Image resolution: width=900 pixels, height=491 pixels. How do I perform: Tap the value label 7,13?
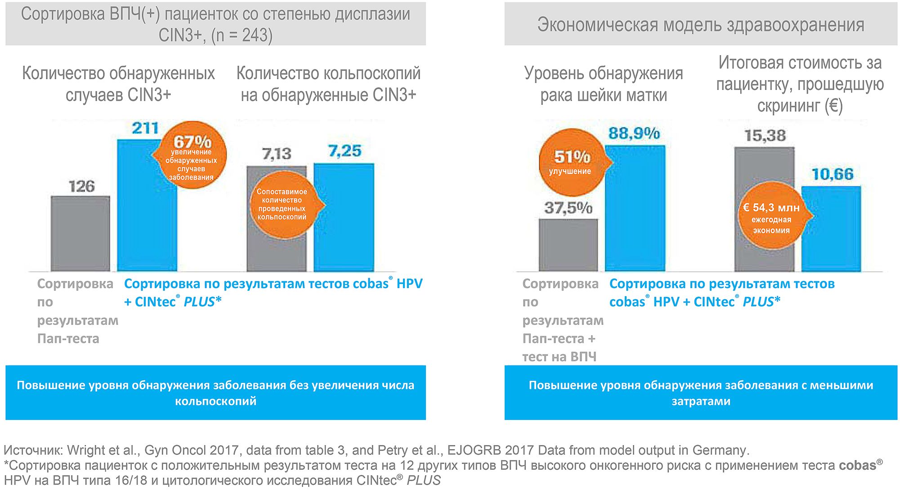[x=277, y=154]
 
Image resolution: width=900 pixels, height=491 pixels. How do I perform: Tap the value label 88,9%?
[x=634, y=133]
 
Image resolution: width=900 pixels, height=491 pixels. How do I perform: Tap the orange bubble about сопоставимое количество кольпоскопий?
[x=282, y=205]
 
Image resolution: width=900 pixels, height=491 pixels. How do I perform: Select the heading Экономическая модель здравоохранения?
[x=700, y=24]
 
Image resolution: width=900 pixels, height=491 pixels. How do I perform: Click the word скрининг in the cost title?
[x=788, y=106]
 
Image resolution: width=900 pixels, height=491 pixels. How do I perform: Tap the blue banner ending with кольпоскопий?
[x=215, y=392]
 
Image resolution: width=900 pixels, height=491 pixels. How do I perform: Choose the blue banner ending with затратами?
[x=700, y=392]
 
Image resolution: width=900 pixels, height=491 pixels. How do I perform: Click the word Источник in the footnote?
[x=32, y=450]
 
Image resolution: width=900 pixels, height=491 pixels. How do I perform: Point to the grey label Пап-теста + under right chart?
[x=559, y=338]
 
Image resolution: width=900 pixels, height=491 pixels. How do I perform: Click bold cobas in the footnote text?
[x=857, y=465]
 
